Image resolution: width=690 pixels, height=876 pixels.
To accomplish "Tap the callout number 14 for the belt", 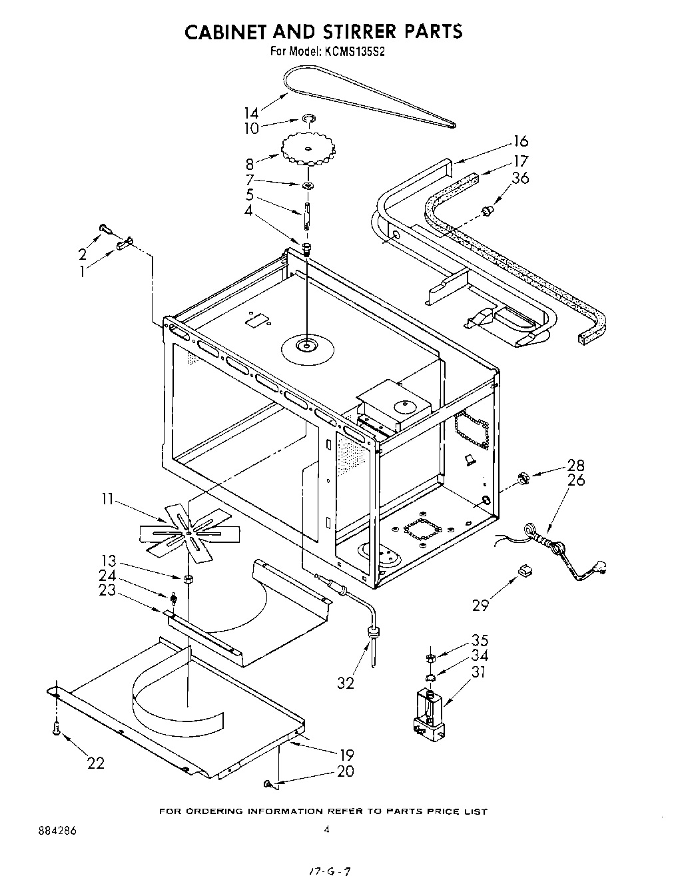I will pos(251,113).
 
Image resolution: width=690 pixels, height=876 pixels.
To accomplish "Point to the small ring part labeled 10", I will pos(308,119).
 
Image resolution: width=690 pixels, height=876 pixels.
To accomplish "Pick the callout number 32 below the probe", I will pos(346,683).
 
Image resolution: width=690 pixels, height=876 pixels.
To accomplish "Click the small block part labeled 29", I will pos(525,569).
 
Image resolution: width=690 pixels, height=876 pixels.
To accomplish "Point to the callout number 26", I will pos(576,480).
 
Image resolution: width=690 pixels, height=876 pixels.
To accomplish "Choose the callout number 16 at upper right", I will pos(520,141).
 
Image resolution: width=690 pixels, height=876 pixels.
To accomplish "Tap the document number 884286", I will pos(48,829).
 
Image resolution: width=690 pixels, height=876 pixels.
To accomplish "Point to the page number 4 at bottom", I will pos(326,829).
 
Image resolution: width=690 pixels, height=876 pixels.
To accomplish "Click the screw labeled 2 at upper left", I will pos(104,228).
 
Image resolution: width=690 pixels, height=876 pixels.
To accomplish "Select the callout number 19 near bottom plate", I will pos(346,755).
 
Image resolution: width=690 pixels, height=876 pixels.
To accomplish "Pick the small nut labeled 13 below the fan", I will pos(188,578).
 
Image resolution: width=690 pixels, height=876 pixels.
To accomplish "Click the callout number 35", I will pos(480,641).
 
